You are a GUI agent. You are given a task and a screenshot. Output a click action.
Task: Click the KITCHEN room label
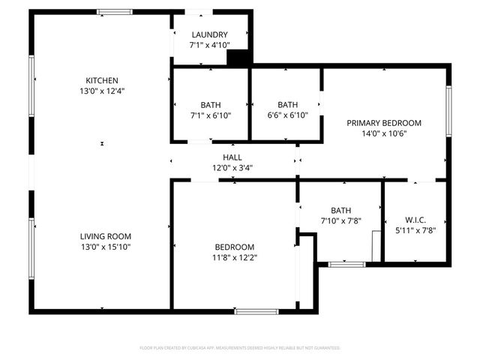(x=102, y=80)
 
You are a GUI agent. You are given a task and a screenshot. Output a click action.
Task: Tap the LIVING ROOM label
(x=102, y=236)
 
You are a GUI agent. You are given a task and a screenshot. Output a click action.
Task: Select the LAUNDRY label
(x=209, y=35)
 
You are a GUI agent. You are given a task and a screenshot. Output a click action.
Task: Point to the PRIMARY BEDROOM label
(x=383, y=123)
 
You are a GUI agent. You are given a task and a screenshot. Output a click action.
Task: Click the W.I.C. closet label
(x=415, y=220)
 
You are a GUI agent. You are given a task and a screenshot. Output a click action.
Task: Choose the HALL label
(x=232, y=157)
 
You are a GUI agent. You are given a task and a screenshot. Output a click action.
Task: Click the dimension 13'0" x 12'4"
(x=102, y=91)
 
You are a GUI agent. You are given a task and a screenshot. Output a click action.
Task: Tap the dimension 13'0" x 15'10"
(x=102, y=247)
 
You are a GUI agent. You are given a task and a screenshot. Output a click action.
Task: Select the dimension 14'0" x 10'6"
(x=383, y=133)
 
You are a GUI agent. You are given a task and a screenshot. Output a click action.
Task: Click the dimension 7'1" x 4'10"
(x=209, y=46)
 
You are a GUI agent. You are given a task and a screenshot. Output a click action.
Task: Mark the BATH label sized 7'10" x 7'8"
(x=340, y=211)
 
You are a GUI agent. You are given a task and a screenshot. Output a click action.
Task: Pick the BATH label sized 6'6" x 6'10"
(x=287, y=105)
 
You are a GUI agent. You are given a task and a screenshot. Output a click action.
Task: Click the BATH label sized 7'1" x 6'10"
(x=211, y=105)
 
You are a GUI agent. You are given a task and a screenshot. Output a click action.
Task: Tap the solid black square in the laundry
(x=238, y=58)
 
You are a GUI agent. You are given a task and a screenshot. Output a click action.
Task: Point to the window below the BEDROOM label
(x=256, y=310)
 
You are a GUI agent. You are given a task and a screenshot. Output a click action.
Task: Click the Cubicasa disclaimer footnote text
(x=240, y=348)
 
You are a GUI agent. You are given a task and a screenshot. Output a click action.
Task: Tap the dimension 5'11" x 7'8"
(x=415, y=230)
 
